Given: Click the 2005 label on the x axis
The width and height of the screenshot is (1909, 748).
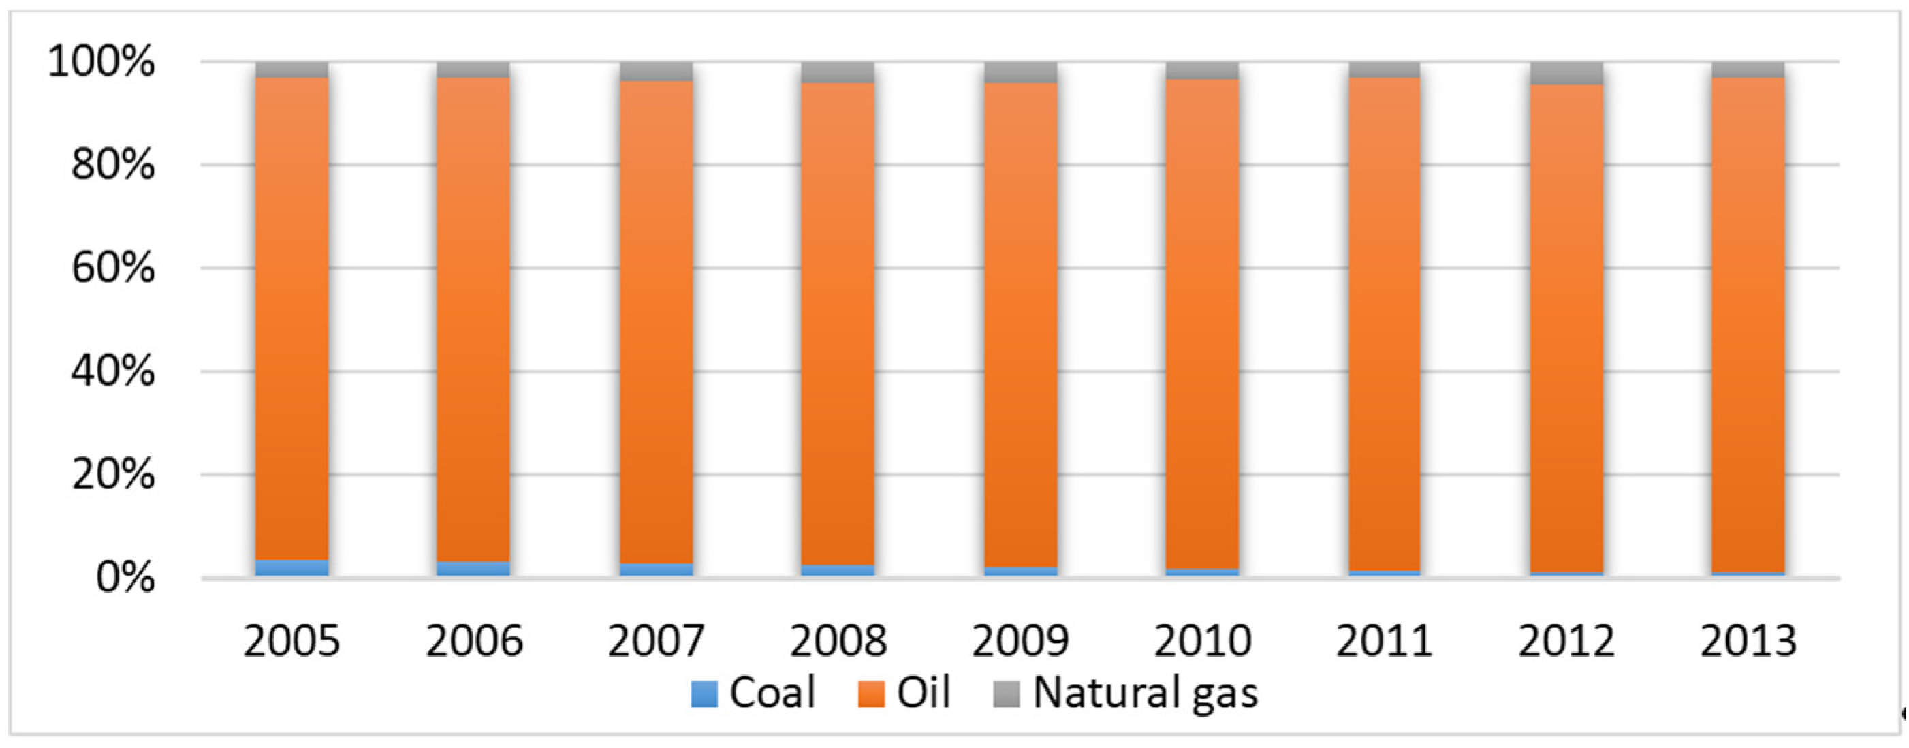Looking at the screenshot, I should [x=291, y=641].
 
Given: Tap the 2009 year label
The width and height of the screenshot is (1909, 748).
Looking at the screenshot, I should [x=1020, y=641].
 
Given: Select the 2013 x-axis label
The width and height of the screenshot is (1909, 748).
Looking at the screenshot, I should [x=1748, y=641].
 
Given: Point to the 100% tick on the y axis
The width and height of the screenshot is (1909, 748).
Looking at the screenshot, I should [x=101, y=61].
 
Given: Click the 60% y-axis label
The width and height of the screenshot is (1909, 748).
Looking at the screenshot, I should [x=113, y=268].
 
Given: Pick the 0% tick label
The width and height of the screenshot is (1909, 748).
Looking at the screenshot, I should [x=125, y=578].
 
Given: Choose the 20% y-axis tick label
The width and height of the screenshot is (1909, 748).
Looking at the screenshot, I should [x=113, y=474].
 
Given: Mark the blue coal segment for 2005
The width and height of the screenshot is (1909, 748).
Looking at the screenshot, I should [x=292, y=568].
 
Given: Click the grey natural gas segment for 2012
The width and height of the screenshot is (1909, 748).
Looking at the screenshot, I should [x=1566, y=73].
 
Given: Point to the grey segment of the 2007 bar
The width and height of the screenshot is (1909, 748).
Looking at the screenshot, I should [x=656, y=71].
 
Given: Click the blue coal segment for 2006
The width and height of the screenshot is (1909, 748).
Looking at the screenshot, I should [x=473, y=569].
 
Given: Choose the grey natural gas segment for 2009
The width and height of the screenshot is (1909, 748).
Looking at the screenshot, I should [x=1020, y=72].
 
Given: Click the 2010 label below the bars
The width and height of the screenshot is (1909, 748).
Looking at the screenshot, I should [x=1202, y=641].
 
